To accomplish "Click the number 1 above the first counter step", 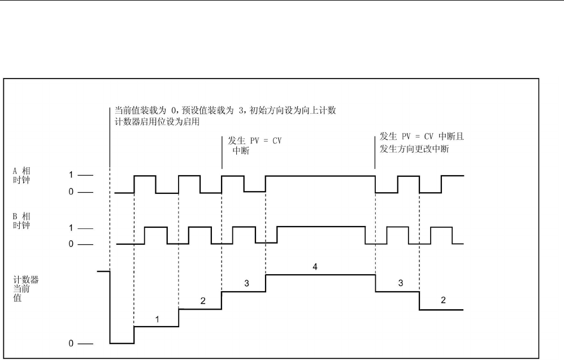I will [157, 319].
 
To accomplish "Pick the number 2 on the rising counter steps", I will [202, 301].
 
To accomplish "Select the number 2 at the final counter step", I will [443, 300].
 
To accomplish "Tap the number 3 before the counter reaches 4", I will [246, 283].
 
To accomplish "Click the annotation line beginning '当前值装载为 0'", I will [225, 110].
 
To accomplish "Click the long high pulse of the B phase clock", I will [321, 227].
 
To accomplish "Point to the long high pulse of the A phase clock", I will [320, 176].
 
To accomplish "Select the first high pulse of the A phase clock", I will [145, 176].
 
